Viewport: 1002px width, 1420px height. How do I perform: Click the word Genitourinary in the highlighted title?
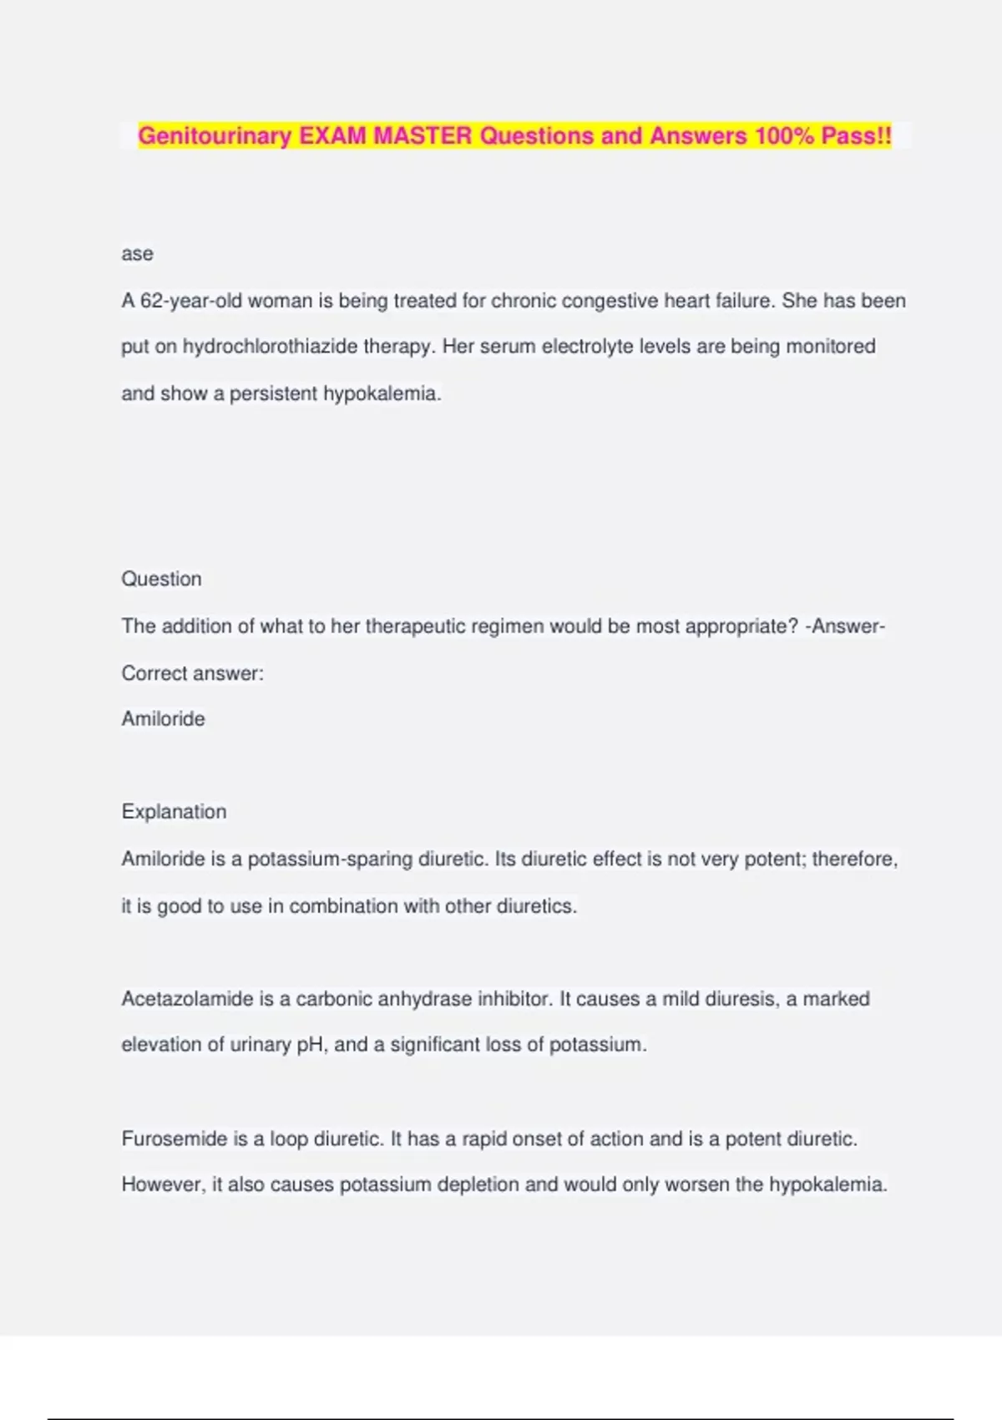pyautogui.click(x=215, y=136)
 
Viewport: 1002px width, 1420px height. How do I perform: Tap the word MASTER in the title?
pyautogui.click(x=423, y=136)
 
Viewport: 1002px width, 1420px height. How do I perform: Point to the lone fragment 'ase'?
pyautogui.click(x=137, y=254)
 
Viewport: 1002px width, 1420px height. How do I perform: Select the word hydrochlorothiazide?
pyautogui.click(x=270, y=347)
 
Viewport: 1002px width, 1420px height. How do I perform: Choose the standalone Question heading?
pyautogui.click(x=161, y=579)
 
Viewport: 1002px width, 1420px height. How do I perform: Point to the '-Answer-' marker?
pyautogui.click(x=845, y=626)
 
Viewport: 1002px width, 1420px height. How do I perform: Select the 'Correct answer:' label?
pyautogui.click(x=192, y=673)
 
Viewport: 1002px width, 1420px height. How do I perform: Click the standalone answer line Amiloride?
pyautogui.click(x=163, y=719)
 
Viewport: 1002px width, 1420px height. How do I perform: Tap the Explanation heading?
pyautogui.click(x=174, y=812)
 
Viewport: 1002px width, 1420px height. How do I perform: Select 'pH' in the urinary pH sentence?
pyautogui.click(x=310, y=1045)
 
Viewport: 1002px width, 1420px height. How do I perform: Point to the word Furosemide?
pyautogui.click(x=175, y=1139)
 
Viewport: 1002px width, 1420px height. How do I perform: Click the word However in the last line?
pyautogui.click(x=163, y=1184)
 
